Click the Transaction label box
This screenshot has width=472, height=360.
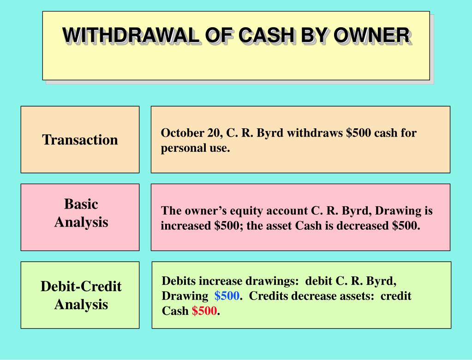pos(80,139)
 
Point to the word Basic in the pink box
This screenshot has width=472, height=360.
pos(81,204)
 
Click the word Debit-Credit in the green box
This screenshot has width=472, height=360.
pos(81,287)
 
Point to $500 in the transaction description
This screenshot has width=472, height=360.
pos(358,133)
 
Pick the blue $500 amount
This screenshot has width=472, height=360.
pos(227,296)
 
